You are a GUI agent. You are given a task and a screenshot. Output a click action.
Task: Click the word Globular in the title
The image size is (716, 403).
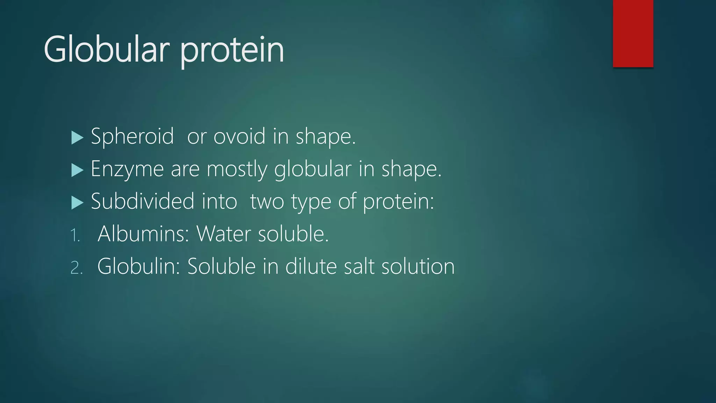click(x=107, y=50)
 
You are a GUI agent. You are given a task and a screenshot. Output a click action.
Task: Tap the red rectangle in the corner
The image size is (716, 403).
click(x=633, y=33)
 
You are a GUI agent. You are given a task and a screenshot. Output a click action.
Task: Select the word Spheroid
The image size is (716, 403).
click(x=132, y=136)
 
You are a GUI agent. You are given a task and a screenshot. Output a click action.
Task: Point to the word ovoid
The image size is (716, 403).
click(x=239, y=136)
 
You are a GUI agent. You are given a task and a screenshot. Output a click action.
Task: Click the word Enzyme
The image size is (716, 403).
click(x=127, y=169)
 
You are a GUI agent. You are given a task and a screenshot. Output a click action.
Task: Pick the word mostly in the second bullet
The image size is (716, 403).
click(x=237, y=169)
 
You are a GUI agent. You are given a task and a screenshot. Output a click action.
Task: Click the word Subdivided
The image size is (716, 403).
click(x=142, y=201)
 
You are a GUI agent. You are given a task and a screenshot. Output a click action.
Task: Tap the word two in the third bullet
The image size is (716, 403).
click(x=267, y=202)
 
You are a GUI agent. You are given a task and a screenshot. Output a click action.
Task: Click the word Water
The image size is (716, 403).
click(x=224, y=234)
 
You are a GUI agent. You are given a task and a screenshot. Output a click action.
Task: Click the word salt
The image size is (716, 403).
click(x=359, y=266)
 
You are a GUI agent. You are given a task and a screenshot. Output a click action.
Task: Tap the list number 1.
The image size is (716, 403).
click(x=75, y=235)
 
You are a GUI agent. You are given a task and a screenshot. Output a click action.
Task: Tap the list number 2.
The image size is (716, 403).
click(x=76, y=268)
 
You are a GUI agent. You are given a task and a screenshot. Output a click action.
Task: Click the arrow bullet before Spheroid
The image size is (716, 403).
click(x=77, y=137)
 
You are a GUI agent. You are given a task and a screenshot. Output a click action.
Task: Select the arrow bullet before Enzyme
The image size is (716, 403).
click(x=77, y=170)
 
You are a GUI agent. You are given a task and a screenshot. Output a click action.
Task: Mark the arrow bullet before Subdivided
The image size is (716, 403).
click(x=77, y=203)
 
